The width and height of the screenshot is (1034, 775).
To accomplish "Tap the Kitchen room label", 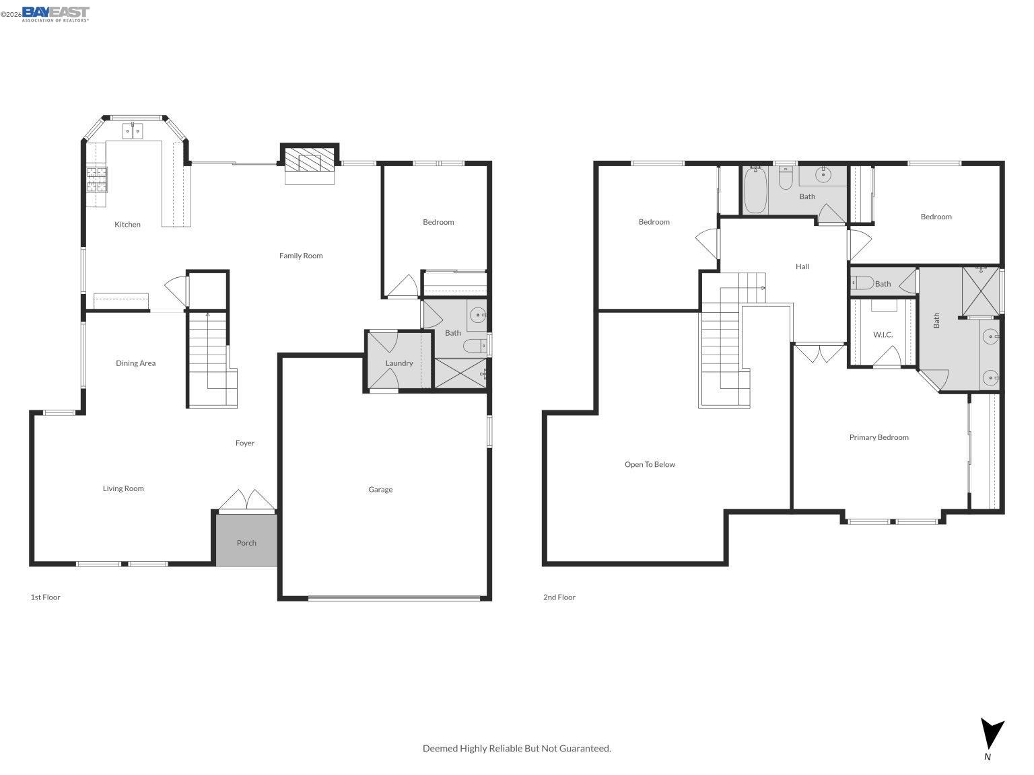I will [x=127, y=225].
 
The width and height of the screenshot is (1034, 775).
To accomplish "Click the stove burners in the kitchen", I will [x=97, y=180].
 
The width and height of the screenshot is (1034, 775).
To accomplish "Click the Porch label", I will [x=246, y=543].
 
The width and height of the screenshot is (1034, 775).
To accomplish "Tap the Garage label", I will [x=380, y=490].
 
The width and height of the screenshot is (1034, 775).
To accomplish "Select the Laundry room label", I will [x=399, y=363].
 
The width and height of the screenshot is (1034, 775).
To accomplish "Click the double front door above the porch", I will [x=246, y=501].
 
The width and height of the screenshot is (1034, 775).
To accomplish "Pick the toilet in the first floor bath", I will [x=474, y=346].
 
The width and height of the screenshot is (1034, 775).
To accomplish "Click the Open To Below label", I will [x=650, y=464].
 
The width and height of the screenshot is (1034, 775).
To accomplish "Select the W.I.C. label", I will [x=883, y=334].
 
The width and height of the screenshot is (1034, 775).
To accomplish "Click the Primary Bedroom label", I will [x=878, y=437].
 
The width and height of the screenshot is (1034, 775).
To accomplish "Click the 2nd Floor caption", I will [x=559, y=597].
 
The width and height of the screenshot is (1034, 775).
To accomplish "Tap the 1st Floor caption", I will [x=45, y=597].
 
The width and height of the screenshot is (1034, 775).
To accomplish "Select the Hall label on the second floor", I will [x=802, y=266].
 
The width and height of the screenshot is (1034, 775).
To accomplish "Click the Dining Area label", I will [x=135, y=363].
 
